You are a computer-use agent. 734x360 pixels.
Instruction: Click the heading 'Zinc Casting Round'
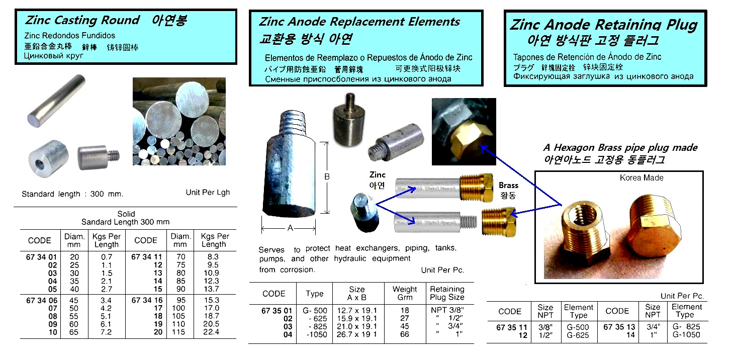point(82,20)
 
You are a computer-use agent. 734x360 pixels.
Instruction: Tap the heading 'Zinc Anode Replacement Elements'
point(359,22)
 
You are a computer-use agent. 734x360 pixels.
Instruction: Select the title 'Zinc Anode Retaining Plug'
point(604,25)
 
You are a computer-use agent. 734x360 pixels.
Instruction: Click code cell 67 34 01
point(41,257)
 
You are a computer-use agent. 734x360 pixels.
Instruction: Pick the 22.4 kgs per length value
point(211,332)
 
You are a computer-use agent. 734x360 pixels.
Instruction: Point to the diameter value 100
point(178,308)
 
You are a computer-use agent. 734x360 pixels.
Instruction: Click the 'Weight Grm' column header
point(405,293)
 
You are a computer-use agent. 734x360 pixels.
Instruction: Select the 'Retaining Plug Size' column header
point(447,293)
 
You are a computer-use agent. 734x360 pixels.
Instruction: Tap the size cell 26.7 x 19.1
point(357,334)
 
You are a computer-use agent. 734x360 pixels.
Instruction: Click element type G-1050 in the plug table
point(686,335)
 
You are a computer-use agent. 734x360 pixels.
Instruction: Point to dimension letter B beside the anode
point(327,177)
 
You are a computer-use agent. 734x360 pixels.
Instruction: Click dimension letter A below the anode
point(290,228)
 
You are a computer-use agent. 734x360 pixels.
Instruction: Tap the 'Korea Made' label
point(641,178)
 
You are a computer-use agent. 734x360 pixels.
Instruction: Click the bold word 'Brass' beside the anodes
point(509,186)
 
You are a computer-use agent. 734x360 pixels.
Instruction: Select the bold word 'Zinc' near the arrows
point(378,175)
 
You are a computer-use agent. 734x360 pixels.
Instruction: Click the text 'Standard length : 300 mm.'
point(72,194)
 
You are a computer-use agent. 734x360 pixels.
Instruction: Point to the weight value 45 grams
point(405,327)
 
